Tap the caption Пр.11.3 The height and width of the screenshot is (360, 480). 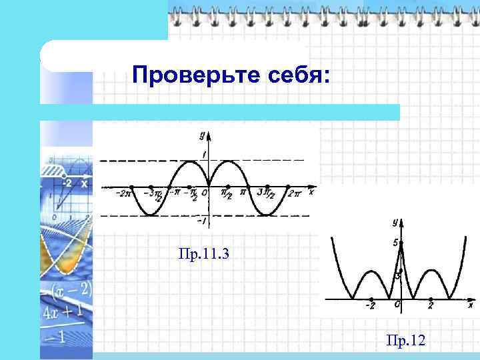pos(204,253)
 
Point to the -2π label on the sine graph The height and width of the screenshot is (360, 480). pos(123,194)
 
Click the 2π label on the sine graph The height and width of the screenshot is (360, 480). pos(295,193)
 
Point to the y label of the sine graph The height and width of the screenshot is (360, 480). pos(201,135)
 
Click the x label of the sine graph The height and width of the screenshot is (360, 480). pos(311,193)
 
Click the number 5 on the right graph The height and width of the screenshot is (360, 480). pos(395,243)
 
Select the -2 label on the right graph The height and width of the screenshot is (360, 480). pos(370,306)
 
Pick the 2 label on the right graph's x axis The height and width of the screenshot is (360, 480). pos(430,306)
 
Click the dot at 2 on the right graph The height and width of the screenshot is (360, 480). pos(430,297)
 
